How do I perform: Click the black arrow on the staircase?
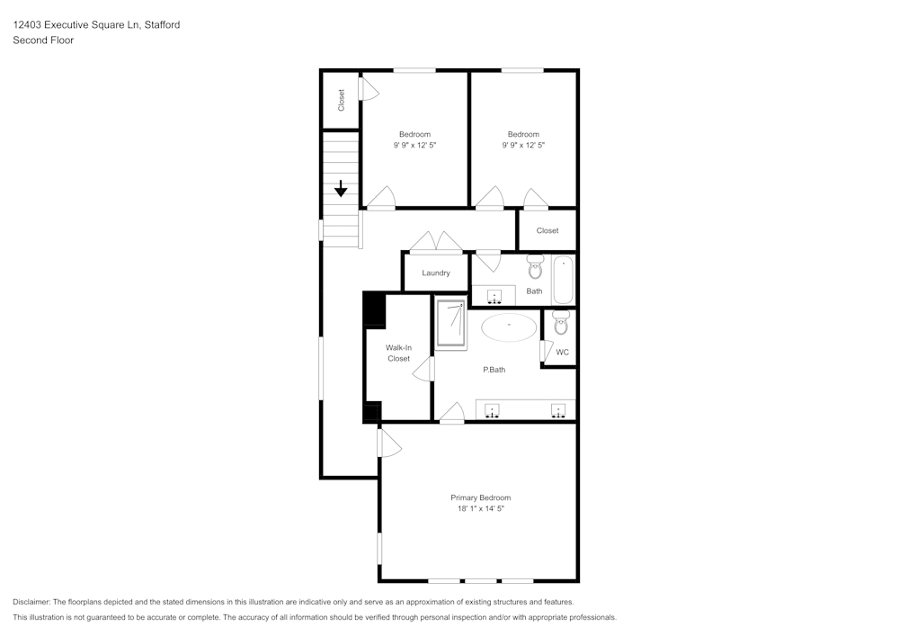pos(342,189)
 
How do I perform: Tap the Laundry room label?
pos(435,273)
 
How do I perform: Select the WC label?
pos(562,352)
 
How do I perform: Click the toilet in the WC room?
pos(560,321)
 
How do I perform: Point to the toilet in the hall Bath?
pos(536,267)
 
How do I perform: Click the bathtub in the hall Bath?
pos(563,280)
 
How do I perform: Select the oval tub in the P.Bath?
pos(509,327)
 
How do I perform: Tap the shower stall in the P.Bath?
pos(450,323)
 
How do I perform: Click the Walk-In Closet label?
pos(398,353)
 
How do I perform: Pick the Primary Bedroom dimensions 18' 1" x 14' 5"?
pos(480,509)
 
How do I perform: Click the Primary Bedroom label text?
pos(480,497)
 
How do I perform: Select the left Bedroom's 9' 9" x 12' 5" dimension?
pos(414,145)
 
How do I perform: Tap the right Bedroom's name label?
pos(523,134)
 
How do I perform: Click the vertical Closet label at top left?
pos(342,100)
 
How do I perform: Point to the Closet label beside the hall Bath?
pos(547,230)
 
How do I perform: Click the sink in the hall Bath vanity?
pos(494,296)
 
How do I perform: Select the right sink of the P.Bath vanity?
pos(558,411)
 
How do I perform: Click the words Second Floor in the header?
pos(43,40)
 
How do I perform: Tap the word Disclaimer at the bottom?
pos(31,602)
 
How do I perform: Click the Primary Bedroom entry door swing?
pos(388,443)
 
